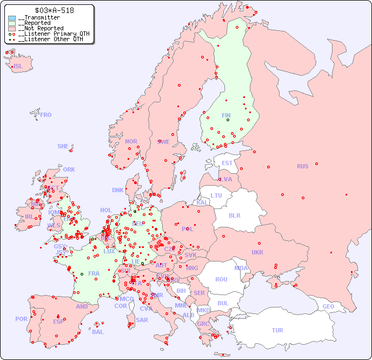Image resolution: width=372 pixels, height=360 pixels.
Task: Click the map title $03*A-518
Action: click(54, 10)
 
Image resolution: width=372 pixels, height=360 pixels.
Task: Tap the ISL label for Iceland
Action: click(18, 67)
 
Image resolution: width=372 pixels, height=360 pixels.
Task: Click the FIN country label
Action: click(226, 115)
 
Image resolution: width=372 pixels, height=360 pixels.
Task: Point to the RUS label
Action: click(302, 166)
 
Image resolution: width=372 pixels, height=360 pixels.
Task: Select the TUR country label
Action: click(277, 330)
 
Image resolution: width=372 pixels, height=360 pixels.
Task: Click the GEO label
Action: click(328, 306)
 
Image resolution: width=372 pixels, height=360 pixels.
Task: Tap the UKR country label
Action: click(257, 252)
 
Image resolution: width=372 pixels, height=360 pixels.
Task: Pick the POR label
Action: click(21, 319)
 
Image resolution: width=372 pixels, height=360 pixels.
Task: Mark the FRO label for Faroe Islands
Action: click(46, 115)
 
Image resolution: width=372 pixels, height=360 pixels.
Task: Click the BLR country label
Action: click(235, 215)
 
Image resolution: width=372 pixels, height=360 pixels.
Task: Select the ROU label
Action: click(221, 279)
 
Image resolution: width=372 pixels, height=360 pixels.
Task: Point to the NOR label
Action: click(131, 141)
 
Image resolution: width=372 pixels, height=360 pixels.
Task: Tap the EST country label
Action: click(227, 163)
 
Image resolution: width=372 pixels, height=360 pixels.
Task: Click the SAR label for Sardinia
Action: click(142, 320)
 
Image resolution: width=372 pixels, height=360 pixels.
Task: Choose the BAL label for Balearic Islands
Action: click(98, 332)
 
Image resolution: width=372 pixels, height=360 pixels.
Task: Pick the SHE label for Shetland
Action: click(63, 146)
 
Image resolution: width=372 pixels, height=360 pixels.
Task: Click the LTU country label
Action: click(216, 195)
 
